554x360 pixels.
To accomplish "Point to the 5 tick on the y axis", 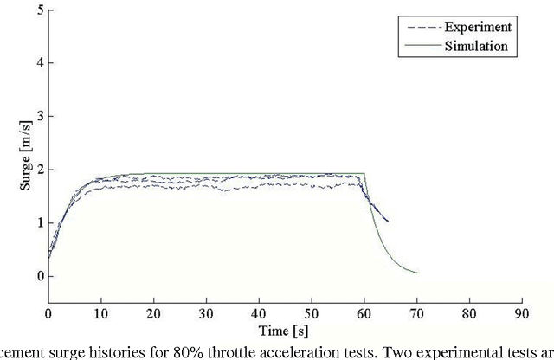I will point(39,10).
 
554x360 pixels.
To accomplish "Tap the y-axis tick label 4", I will point(39,63).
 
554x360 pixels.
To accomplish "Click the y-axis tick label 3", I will point(39,117).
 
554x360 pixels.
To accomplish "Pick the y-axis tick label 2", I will point(39,170).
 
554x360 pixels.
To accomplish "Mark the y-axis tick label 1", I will point(39,223).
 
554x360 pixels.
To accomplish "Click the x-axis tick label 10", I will point(100,313).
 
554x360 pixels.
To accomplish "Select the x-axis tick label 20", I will point(153,313).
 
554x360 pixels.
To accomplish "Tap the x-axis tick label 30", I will point(206,313).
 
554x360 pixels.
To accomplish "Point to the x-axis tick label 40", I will point(259,313).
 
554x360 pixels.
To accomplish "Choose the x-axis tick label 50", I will point(312,313).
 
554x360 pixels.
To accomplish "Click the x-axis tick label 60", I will point(364,313).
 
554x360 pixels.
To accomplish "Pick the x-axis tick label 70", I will point(416,313).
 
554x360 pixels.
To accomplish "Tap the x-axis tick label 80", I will point(469,313).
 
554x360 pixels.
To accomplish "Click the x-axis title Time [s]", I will point(285,330).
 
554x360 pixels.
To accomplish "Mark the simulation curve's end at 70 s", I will point(416,273).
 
